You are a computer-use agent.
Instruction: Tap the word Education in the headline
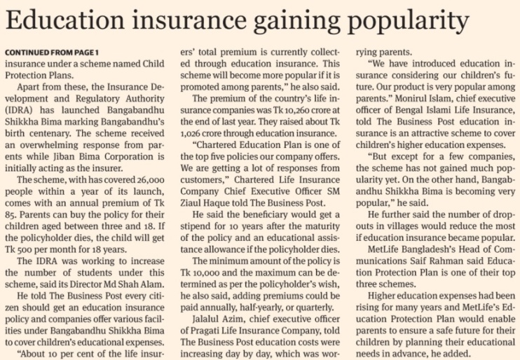[x=65, y=19]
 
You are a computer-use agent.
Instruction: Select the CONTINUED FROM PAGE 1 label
[x=52, y=53]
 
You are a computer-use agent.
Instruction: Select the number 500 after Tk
[x=23, y=249]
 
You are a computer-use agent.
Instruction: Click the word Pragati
[x=205, y=331]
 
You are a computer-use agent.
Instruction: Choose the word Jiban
[x=65, y=157]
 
